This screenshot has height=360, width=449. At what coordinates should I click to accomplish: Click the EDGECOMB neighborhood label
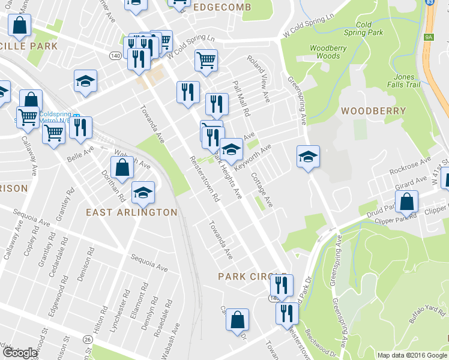(222, 7)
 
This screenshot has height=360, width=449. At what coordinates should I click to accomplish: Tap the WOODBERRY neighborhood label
(373, 111)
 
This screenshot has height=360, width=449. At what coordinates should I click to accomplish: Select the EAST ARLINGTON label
(131, 212)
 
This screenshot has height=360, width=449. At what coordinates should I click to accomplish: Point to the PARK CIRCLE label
(245, 277)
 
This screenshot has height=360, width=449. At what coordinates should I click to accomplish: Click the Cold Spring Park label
(369, 29)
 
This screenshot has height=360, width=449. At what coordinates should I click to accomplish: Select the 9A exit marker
(428, 37)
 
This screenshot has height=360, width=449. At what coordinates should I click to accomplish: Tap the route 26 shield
(88, 340)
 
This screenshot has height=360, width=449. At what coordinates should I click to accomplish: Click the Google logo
(20, 353)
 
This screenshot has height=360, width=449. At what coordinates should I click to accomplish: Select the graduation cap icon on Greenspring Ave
(309, 157)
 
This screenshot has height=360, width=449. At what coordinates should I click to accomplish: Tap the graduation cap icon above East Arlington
(142, 192)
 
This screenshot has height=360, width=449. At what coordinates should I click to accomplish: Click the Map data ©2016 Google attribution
(412, 355)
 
